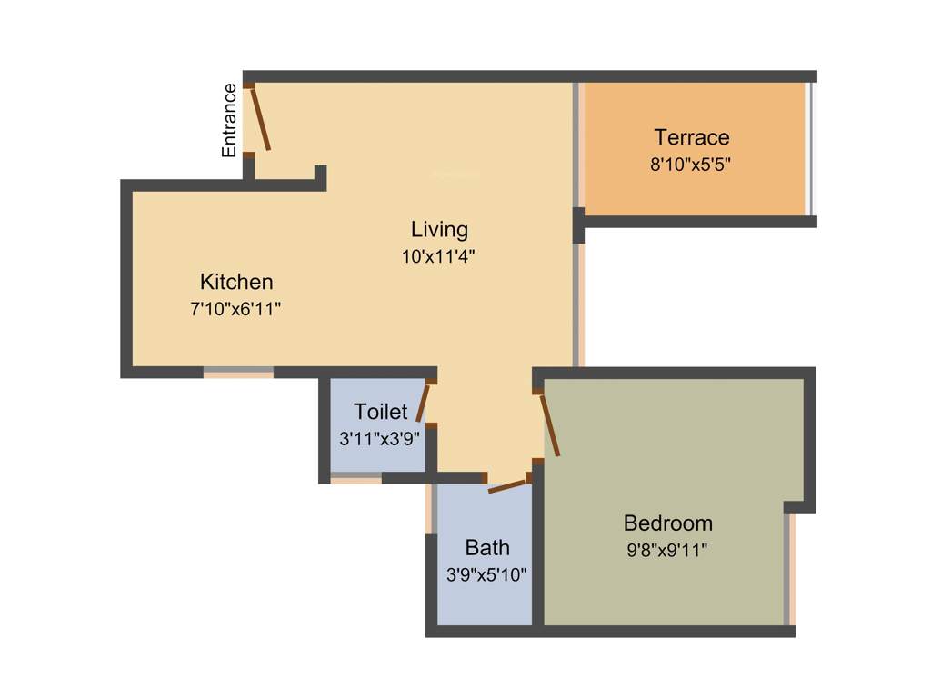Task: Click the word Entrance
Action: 230,120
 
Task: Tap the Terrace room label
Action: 691,137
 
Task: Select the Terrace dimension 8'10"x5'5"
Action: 691,165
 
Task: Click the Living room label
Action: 439,229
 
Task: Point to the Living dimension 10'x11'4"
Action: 439,256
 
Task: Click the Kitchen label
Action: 236,281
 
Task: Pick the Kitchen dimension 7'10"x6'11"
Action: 235,309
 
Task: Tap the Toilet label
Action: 381,412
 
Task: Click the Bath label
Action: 487,547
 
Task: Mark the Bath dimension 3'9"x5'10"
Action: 486,574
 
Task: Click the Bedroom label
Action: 667,523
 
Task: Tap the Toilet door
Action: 423,402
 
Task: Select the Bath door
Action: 507,485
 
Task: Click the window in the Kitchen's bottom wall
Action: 238,372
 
